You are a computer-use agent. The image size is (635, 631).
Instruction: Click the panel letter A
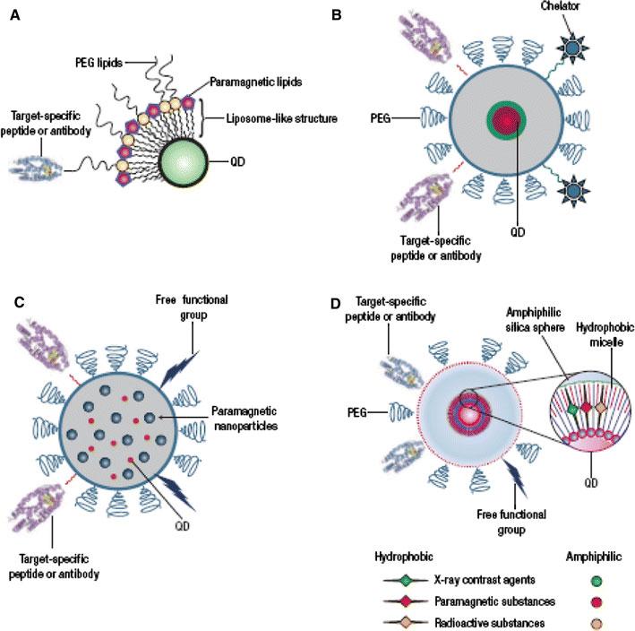[15, 15]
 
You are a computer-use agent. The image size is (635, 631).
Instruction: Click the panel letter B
[337, 15]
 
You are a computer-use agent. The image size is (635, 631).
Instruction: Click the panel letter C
[19, 303]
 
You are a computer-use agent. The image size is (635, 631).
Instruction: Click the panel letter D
[336, 303]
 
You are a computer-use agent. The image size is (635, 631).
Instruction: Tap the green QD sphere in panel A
[184, 162]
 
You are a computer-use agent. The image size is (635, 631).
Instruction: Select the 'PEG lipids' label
[99, 63]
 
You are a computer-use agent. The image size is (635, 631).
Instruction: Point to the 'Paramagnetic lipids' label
[256, 82]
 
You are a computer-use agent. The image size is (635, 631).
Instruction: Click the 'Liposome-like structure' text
[281, 118]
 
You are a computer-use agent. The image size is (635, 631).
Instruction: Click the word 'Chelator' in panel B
[560, 5]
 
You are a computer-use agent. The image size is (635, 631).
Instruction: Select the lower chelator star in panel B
[573, 190]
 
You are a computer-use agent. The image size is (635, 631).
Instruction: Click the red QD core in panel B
[506, 120]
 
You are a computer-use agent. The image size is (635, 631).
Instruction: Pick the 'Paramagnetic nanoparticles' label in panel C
[245, 419]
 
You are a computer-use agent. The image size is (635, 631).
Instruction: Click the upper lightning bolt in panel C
[179, 369]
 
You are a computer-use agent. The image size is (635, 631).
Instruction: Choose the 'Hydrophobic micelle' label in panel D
[605, 334]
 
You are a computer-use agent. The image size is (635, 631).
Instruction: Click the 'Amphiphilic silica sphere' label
[535, 320]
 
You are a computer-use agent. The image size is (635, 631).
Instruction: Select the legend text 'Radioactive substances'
[490, 623]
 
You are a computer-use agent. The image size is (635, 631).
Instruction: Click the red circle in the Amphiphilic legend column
[596, 602]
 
